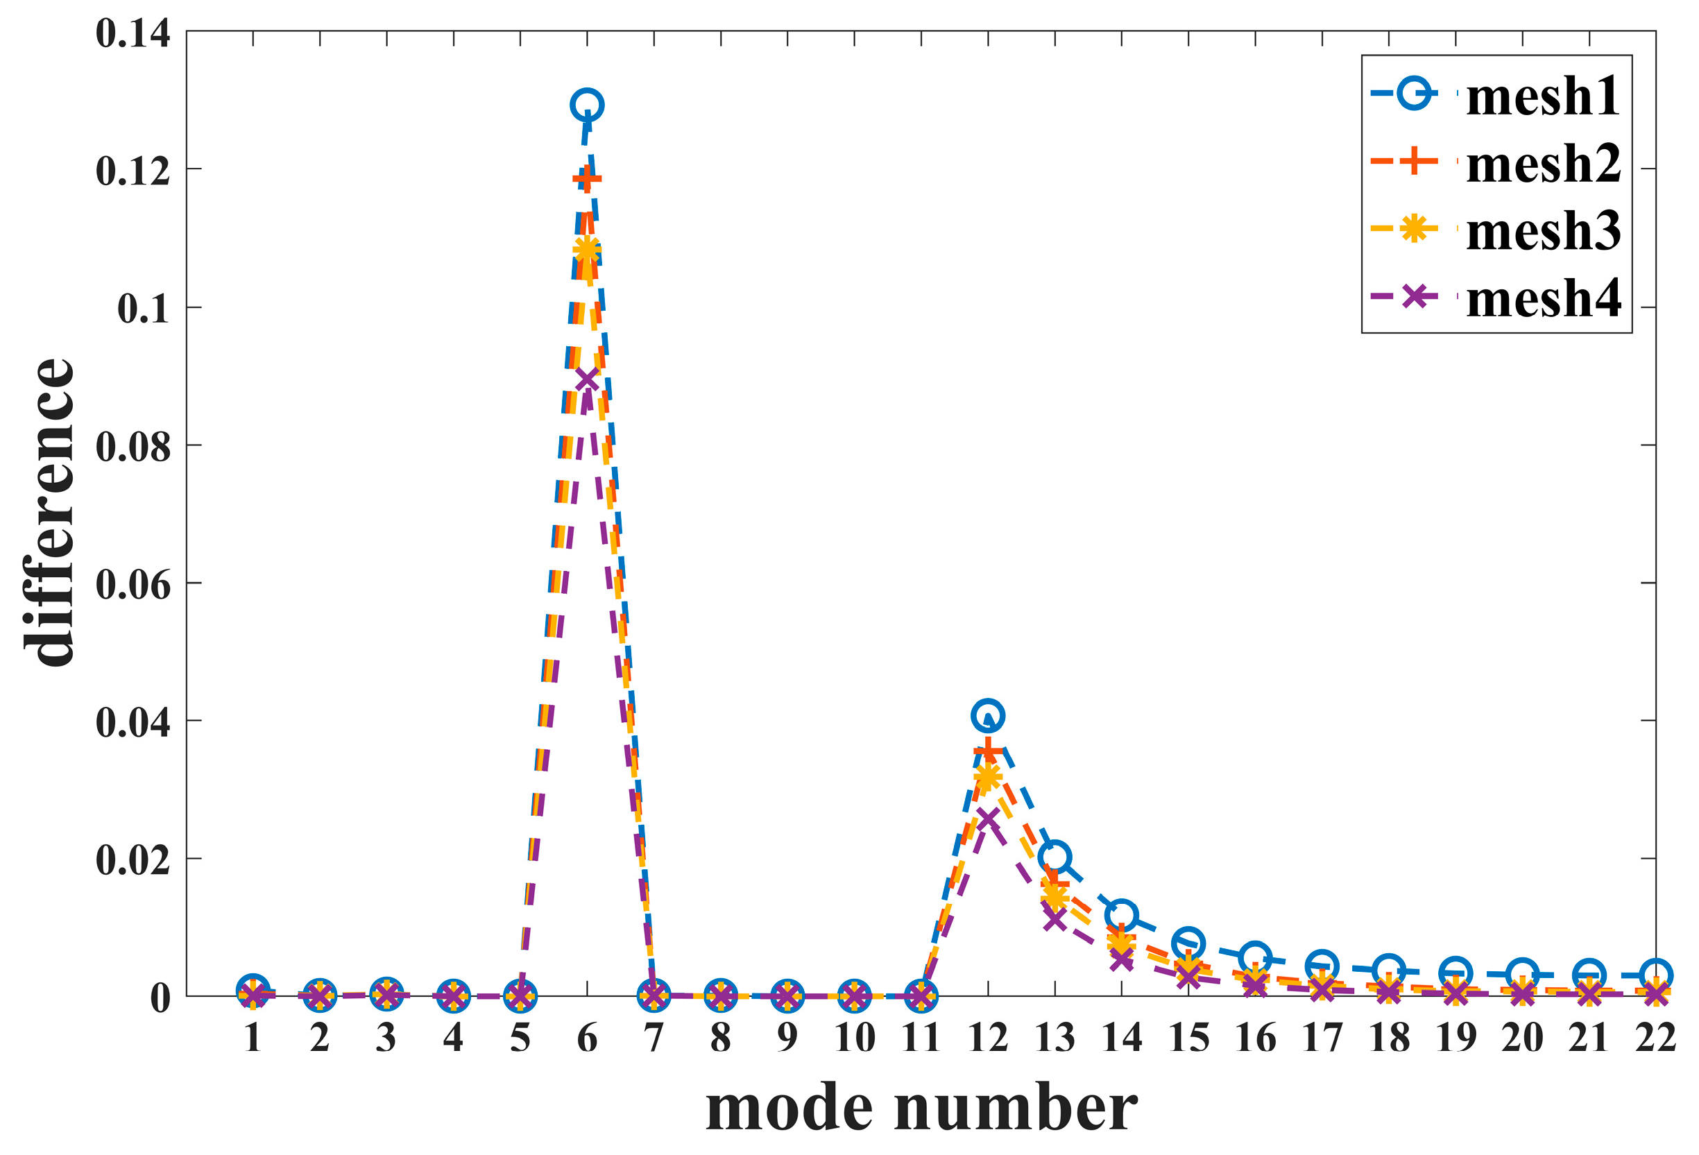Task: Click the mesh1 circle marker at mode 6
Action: pyautogui.click(x=586, y=105)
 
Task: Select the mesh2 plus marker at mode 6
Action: pyautogui.click(x=586, y=178)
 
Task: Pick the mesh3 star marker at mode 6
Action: pyautogui.click(x=586, y=250)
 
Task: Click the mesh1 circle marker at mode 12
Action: pyautogui.click(x=988, y=716)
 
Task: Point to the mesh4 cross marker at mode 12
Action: pyautogui.click(x=988, y=819)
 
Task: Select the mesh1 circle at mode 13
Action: pyautogui.click(x=1055, y=857)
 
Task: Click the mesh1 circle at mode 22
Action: pyautogui.click(x=1656, y=975)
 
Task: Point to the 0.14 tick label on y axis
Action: pyautogui.click(x=133, y=33)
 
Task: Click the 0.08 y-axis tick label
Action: pyautogui.click(x=133, y=446)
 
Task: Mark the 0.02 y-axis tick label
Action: pyautogui.click(x=133, y=859)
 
